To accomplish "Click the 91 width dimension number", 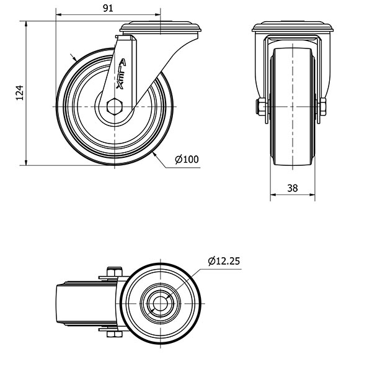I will [x=107, y=8].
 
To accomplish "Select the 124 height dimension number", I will [x=19, y=93].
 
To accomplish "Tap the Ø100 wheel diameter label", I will [x=187, y=160].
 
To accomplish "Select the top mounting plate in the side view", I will [x=162, y=27].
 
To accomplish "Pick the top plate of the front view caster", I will [x=293, y=28].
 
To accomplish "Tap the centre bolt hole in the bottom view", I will [x=161, y=304].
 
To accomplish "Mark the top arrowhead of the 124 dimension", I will [x=26, y=24].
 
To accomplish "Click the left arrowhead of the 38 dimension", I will [x=273, y=195].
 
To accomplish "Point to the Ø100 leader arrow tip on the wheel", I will [x=153, y=152].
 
